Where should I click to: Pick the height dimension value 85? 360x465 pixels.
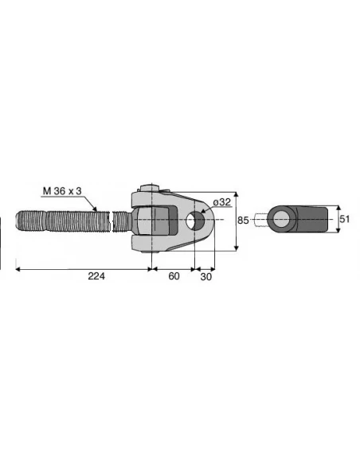pos(245,220)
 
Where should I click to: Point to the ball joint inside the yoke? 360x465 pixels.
pos(146,219)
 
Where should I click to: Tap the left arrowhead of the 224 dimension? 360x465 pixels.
pos(19,269)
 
